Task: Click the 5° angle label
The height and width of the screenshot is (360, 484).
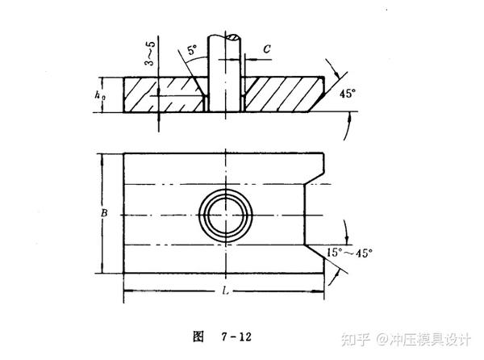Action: coord(190,50)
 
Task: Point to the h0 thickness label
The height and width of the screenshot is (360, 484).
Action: coord(99,95)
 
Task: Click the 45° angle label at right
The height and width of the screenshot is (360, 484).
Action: coord(348,94)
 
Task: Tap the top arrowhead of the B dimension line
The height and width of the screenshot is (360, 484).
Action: coord(102,157)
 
